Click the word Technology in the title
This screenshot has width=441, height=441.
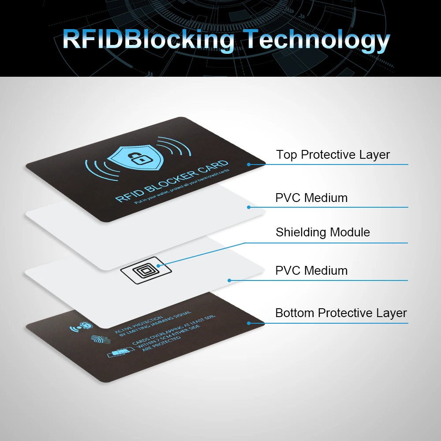tap(318, 40)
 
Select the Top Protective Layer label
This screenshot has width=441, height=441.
tap(333, 155)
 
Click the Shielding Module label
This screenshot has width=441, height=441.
tap(322, 232)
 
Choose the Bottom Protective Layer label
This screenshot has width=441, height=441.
tap(341, 313)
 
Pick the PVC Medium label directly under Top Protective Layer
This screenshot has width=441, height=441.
tap(311, 198)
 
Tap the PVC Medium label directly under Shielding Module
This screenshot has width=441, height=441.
tap(311, 270)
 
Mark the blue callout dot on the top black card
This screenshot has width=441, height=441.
tap(249, 164)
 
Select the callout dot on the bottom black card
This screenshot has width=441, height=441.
tap(249, 323)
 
